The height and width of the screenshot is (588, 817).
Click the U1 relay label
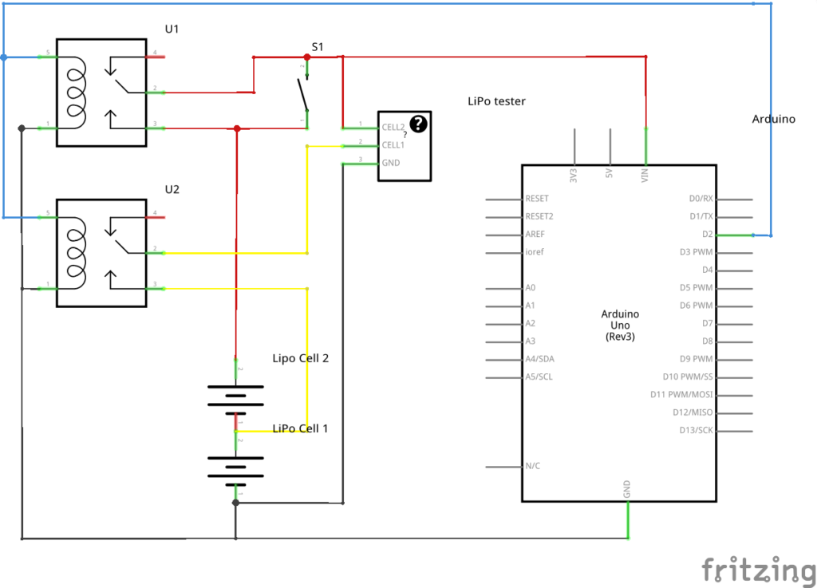[172, 30]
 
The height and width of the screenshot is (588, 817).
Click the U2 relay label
[172, 190]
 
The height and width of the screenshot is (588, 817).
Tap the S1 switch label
[318, 47]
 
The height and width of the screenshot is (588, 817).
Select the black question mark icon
[419, 123]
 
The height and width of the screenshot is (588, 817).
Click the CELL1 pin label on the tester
[393, 145]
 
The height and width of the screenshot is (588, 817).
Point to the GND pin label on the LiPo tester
[391, 163]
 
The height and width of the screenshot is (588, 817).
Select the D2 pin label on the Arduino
[706, 235]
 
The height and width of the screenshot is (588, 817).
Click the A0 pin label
[531, 287]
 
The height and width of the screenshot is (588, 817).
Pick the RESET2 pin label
[539, 216]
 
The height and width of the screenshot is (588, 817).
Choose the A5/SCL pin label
[539, 377]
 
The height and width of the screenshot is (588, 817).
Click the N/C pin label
[532, 466]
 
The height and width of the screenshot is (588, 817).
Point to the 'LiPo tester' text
[496, 101]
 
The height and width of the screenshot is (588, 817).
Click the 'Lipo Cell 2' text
[301, 358]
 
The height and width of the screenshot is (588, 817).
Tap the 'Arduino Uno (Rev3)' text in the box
[619, 326]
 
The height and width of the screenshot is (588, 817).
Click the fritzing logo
[758, 569]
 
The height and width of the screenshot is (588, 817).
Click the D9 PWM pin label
[696, 359]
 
